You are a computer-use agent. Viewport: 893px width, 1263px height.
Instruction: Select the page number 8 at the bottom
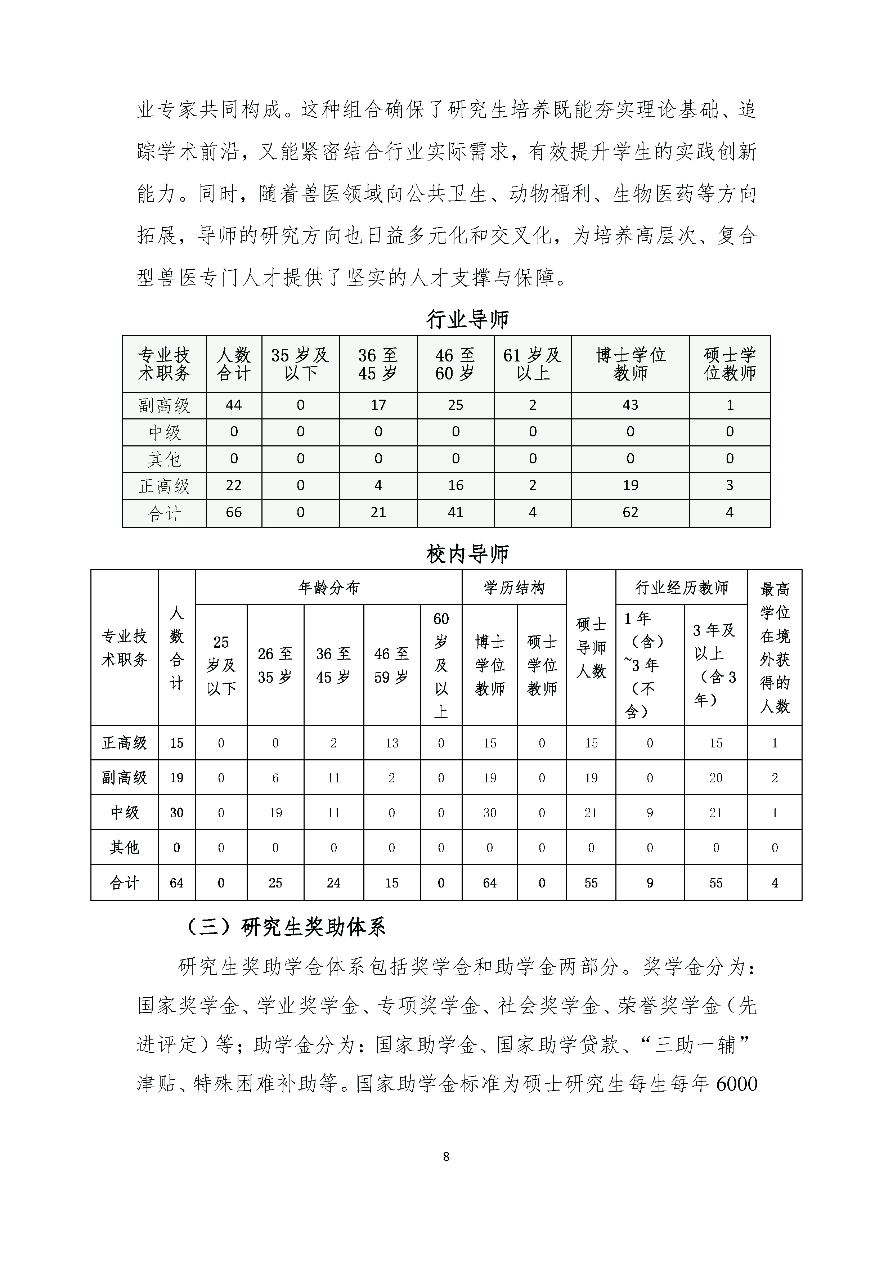coord(446,1156)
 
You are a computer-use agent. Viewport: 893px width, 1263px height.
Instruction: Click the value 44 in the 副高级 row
coord(234,405)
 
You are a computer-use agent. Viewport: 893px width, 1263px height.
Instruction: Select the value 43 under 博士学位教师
coord(630,405)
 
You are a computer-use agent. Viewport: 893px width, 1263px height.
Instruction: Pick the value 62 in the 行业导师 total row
coord(630,512)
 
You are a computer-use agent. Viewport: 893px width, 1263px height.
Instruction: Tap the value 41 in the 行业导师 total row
coord(456,512)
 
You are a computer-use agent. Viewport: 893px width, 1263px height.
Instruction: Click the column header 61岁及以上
coord(532,364)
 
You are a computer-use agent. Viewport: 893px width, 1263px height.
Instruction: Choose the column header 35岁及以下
coord(300,364)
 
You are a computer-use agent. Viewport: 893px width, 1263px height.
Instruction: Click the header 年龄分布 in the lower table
coord(328,588)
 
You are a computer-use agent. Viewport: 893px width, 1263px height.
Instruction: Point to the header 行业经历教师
coord(681,588)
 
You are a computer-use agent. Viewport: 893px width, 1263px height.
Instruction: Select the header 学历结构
coord(514,588)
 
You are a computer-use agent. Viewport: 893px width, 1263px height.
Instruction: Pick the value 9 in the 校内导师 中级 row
coord(650,813)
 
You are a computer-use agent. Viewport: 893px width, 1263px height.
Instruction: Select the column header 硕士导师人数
coord(591,647)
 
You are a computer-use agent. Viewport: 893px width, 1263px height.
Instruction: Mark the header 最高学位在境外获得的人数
coord(775,647)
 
